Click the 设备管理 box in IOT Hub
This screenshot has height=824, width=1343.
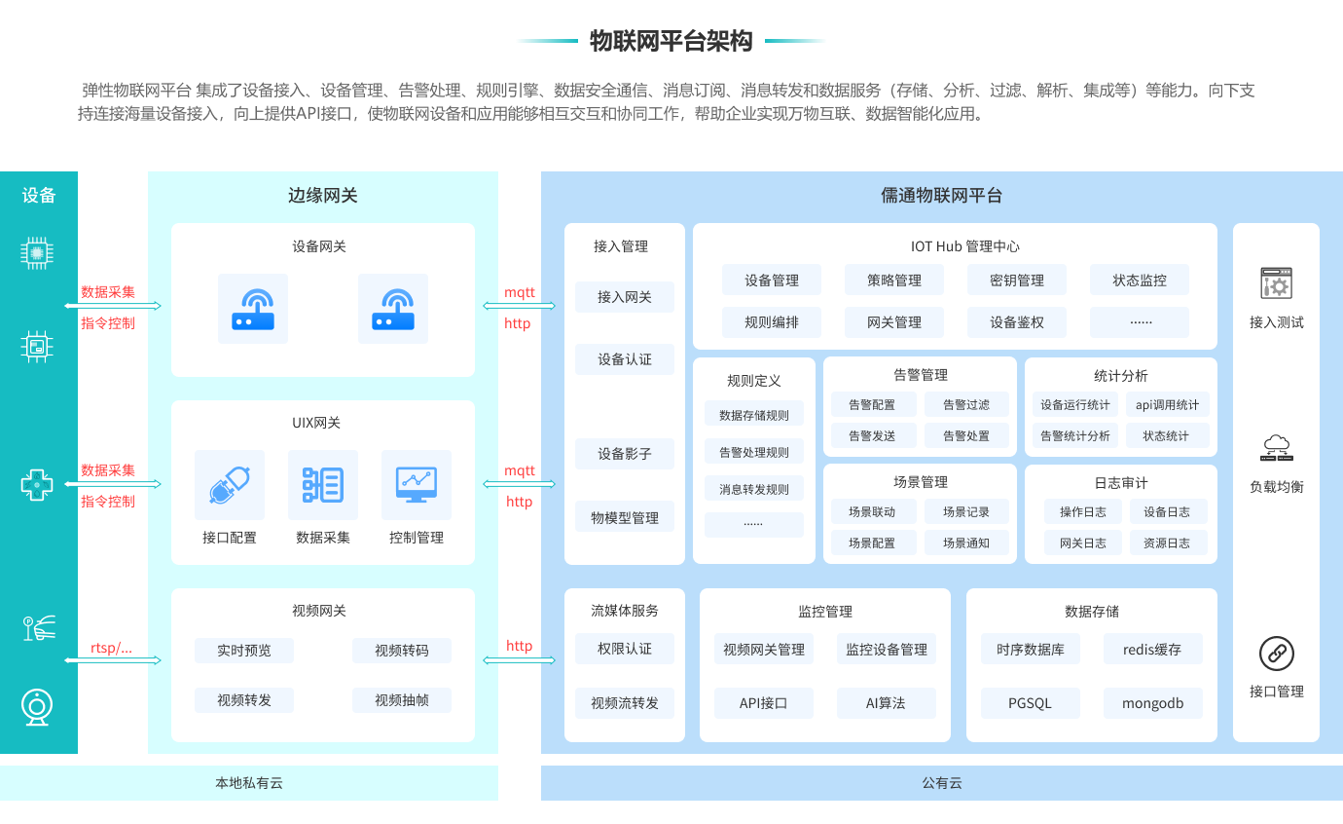[x=771, y=281]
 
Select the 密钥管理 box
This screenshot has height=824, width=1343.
[x=1016, y=281]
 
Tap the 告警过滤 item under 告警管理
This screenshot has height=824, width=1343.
[x=965, y=405]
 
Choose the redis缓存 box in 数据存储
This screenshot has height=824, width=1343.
[x=1152, y=650]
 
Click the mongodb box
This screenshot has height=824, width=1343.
[x=1152, y=703]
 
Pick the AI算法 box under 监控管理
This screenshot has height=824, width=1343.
[x=886, y=703]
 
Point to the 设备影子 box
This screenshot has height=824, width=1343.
[x=624, y=454]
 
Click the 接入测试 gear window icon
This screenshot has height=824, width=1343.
[x=1276, y=284]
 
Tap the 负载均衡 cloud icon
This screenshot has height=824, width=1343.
[x=1276, y=448]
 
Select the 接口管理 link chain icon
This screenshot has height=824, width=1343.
[x=1276, y=654]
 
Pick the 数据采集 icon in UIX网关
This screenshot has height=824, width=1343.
[x=322, y=484]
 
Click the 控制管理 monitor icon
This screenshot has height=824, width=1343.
[x=416, y=484]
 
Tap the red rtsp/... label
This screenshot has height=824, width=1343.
[x=111, y=649]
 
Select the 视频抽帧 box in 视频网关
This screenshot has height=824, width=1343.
[x=401, y=699]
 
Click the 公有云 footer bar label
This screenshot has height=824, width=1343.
[x=941, y=783]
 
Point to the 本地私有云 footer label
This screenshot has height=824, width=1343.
[x=249, y=783]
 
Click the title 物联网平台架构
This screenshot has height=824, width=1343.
[x=671, y=41]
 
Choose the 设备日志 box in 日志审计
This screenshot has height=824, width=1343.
[x=1166, y=512]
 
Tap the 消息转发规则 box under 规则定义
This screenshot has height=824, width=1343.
[x=753, y=489]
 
